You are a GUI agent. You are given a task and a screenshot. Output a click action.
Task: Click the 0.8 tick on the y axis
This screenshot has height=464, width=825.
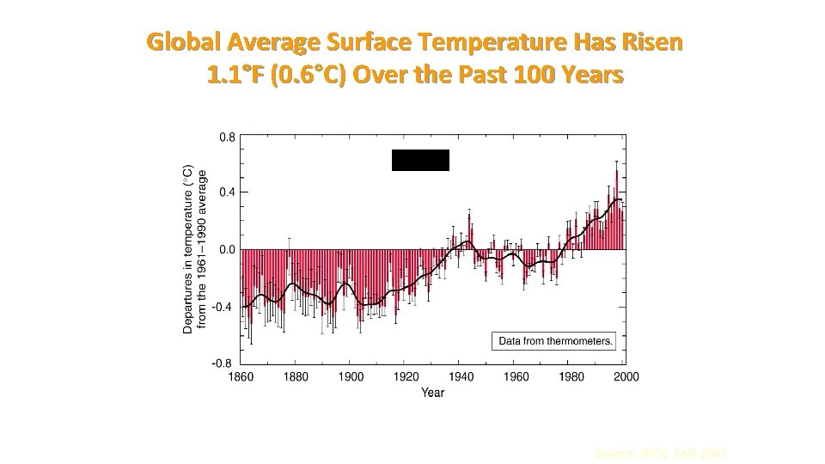point(226,135)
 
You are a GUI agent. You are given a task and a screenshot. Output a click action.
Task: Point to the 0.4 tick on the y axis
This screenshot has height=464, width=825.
point(226,192)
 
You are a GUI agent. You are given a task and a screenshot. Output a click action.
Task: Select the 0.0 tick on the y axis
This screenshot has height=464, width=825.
point(226,250)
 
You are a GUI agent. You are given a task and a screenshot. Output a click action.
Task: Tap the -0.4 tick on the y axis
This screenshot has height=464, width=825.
point(223,307)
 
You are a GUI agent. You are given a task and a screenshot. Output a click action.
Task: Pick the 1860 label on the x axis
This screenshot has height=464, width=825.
point(241,377)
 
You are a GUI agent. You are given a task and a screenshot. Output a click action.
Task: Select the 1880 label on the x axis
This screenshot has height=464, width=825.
point(296,377)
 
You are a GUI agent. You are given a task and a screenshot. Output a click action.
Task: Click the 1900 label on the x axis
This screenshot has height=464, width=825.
point(351,377)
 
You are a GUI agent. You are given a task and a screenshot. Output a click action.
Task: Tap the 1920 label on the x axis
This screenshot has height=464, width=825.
point(406,377)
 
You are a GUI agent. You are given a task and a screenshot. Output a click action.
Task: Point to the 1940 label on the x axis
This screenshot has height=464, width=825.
point(461,377)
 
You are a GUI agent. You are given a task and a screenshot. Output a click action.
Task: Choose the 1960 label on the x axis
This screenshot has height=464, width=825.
point(516,377)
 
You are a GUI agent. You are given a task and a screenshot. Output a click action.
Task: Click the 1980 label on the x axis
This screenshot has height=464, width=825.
point(571,377)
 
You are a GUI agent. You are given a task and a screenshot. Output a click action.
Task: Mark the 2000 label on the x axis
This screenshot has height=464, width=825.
point(626,377)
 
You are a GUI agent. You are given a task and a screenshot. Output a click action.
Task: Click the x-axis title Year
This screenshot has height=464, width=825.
point(433,393)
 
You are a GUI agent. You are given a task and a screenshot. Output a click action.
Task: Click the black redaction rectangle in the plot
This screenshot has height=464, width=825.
point(420,160)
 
